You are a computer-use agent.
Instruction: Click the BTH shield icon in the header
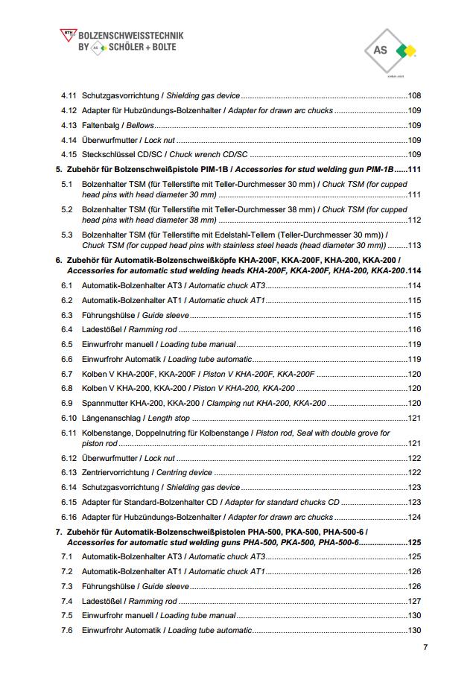[x=67, y=34]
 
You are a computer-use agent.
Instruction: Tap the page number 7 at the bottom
[x=425, y=647]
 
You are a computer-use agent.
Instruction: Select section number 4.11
[x=69, y=95]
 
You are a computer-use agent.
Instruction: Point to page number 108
[x=415, y=95]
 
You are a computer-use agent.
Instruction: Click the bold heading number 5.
[x=59, y=169]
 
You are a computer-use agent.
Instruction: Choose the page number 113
[x=415, y=245]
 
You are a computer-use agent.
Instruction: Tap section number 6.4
[x=67, y=329]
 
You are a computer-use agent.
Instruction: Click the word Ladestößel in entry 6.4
[x=101, y=329]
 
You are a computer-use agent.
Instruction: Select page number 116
[x=415, y=329]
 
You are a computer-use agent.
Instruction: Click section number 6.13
[x=69, y=472]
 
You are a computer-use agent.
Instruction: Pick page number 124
[x=415, y=517]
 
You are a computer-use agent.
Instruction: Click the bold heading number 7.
[x=59, y=532]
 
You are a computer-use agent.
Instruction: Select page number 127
[x=415, y=601]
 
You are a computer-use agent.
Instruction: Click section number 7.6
[x=67, y=631]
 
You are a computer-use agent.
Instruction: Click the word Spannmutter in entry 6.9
[x=103, y=403]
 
